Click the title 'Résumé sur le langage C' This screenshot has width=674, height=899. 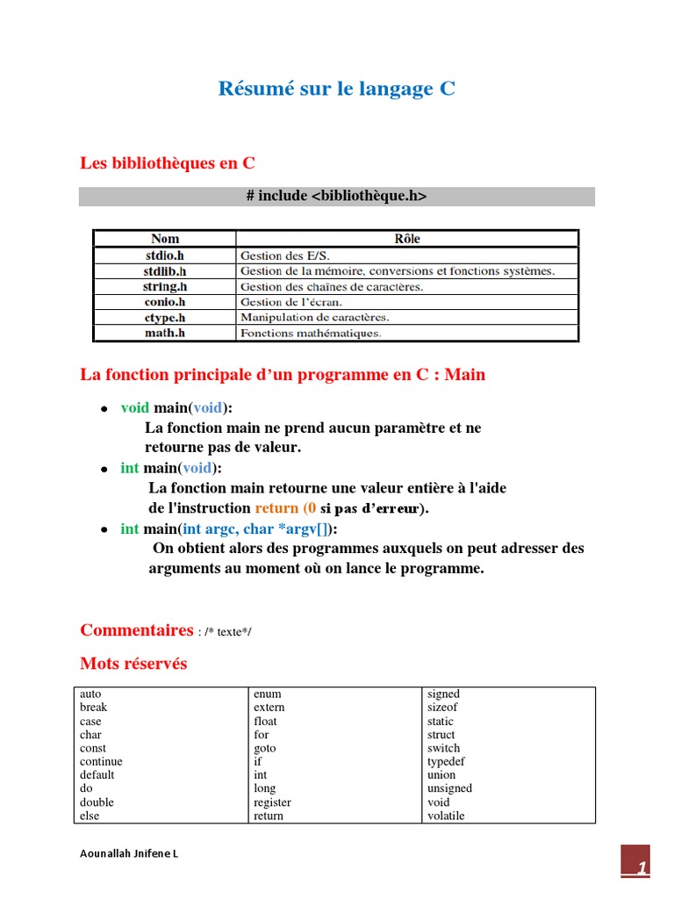coord(336,89)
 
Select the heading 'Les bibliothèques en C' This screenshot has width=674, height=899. coord(168,163)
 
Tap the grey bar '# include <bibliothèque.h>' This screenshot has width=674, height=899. coord(336,197)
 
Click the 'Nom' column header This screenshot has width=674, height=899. coord(165,239)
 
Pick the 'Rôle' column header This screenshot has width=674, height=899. coord(407,239)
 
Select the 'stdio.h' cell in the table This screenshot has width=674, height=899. coord(165,255)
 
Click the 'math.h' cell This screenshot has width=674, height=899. coord(165,334)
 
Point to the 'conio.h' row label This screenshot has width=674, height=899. coord(165,302)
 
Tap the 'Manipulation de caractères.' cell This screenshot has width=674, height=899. coord(314,318)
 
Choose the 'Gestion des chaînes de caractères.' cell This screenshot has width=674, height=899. coord(331,287)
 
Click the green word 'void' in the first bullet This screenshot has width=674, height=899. coord(135,407)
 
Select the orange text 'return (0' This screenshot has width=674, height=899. coord(285,508)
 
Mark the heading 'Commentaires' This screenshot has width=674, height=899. coord(136,630)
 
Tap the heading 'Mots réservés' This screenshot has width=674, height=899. coord(133,664)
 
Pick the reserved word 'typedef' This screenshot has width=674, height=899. coord(446,762)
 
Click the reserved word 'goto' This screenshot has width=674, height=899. coord(264,749)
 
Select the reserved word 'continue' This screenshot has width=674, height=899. coord(101,762)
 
